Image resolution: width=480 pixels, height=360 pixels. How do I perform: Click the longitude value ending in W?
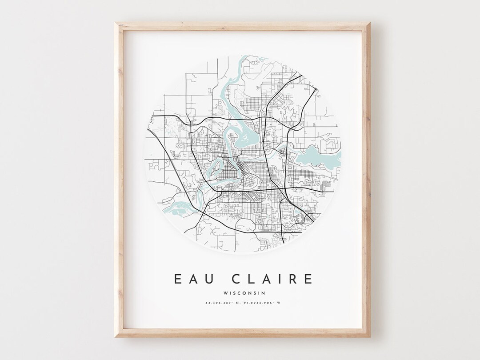264,304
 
